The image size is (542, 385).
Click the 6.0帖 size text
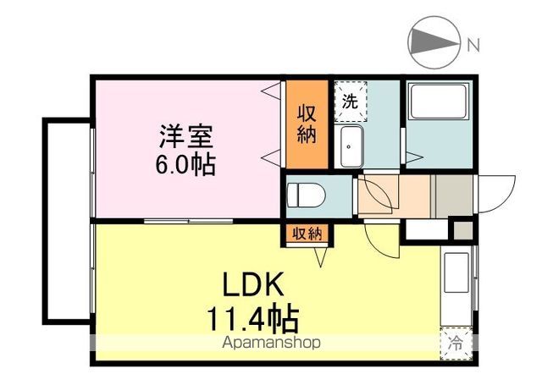click(185, 162)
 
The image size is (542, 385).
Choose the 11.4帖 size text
click(252, 319)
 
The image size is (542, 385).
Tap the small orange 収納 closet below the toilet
click(307, 234)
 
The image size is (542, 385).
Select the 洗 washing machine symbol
click(350, 100)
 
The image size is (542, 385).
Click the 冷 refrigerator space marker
click(456, 344)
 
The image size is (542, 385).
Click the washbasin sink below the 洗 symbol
click(350, 149)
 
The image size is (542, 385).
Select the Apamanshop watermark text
click(271, 344)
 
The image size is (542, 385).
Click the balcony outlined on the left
click(66, 220)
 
